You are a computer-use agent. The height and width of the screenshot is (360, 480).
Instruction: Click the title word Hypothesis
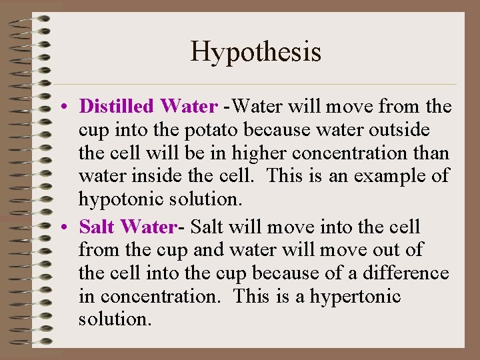256,51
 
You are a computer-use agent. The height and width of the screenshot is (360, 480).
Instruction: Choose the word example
380,177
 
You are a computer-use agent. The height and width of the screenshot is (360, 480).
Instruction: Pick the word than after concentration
432,153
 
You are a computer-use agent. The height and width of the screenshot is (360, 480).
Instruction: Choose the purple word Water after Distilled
189,107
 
